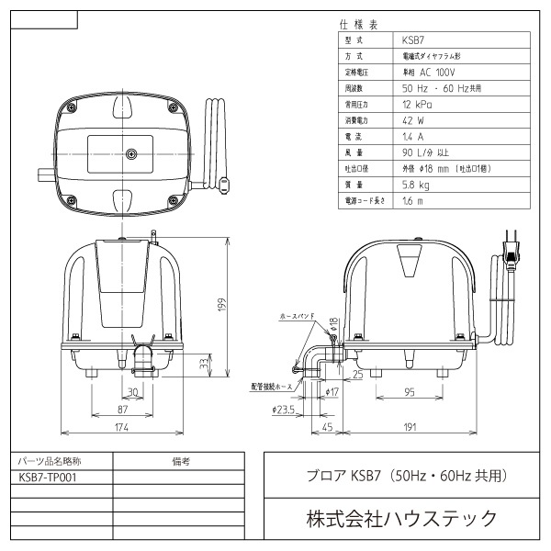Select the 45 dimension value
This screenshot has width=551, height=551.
pyautogui.click(x=328, y=426)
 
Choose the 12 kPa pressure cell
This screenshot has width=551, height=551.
pyautogui.click(x=420, y=105)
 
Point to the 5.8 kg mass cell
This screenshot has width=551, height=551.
pyautogui.click(x=416, y=184)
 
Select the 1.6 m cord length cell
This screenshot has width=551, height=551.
pyautogui.click(x=413, y=200)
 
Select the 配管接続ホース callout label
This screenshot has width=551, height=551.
pyautogui.click(x=272, y=388)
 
